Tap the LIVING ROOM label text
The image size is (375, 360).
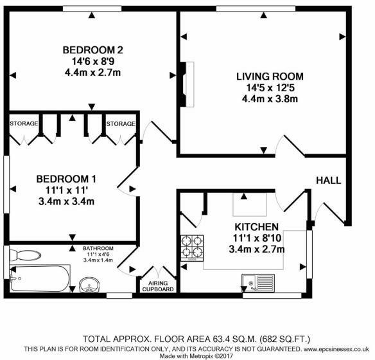coord(269,76)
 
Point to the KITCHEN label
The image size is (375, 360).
coord(256,227)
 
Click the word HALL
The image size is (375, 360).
coord(328,180)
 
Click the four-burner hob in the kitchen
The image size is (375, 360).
coord(193,246)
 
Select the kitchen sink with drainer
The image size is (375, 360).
coord(258,282)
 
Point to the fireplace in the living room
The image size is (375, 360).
coord(186,83)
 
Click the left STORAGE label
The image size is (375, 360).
coord(23,123)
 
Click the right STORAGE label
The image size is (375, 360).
coord(121,123)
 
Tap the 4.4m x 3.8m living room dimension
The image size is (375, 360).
coord(269,100)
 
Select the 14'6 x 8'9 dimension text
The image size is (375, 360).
coord(92,62)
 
